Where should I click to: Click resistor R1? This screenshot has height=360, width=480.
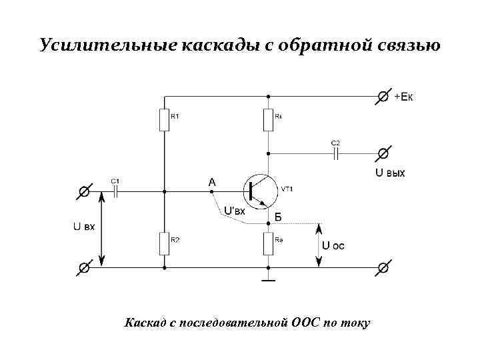pyautogui.click(x=163, y=120)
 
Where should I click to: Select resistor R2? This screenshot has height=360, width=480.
pyautogui.click(x=163, y=243)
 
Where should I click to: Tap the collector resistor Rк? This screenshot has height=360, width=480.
pyautogui.click(x=268, y=120)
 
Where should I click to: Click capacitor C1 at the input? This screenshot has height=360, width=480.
pyautogui.click(x=116, y=191)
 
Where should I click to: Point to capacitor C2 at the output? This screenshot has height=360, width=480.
pyautogui.click(x=336, y=153)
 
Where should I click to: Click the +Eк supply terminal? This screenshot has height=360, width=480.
pyautogui.click(x=383, y=97)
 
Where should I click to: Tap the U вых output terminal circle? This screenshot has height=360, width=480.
pyautogui.click(x=383, y=153)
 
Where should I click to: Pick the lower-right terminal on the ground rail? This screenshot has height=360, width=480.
pyautogui.click(x=383, y=268)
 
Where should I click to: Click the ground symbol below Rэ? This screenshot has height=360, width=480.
pyautogui.click(x=268, y=281)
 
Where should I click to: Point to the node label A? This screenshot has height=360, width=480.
pyautogui.click(x=212, y=181)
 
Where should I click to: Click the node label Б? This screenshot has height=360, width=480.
pyautogui.click(x=278, y=217)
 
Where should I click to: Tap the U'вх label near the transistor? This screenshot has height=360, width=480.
pyautogui.click(x=235, y=211)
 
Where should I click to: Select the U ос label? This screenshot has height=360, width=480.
pyautogui.click(x=333, y=245)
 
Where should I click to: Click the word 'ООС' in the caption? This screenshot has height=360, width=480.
pyautogui.click(x=305, y=323)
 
